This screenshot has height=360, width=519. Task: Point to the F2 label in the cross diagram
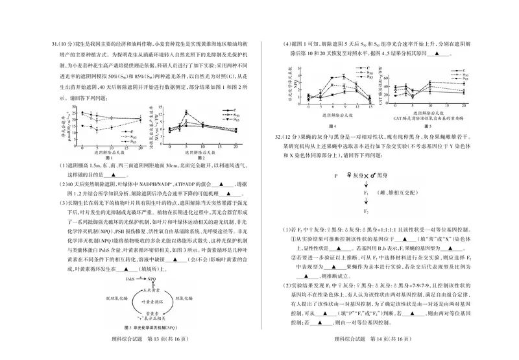pos(366,212)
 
